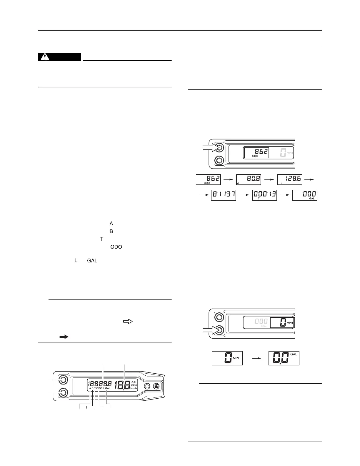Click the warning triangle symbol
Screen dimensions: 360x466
click(45, 57)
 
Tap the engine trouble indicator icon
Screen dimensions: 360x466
click(147, 386)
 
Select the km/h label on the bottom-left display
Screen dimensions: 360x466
click(134, 388)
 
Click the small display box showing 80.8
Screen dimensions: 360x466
click(249, 179)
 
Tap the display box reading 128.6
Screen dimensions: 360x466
click(290, 179)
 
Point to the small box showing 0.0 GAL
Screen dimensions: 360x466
click(284, 358)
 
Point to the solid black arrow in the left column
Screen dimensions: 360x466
click(64, 337)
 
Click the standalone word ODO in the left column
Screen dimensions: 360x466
click(116, 247)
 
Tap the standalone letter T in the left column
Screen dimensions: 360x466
click(102, 239)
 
